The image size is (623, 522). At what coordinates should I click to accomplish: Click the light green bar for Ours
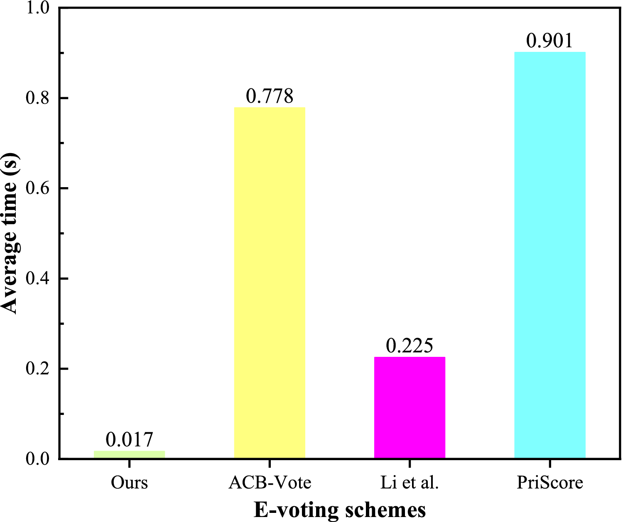point(130,454)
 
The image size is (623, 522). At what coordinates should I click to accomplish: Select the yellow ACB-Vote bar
point(270,282)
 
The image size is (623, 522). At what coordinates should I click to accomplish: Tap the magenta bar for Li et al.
point(410,407)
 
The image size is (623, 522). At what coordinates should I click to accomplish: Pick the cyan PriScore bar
point(549,255)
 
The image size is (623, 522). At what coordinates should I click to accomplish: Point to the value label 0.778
point(270,96)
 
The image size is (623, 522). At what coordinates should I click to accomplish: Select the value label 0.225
point(410,346)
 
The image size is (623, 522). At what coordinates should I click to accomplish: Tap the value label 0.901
point(549,41)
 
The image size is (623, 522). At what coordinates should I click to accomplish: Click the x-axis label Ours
point(130,483)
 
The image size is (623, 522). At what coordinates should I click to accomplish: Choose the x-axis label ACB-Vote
point(270,483)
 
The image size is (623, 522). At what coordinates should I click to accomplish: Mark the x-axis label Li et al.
point(410,483)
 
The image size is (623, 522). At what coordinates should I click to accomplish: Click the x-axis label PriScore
point(549,483)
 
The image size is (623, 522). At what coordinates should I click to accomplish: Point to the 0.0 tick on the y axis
point(37,459)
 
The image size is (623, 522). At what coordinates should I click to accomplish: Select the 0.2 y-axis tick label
point(37,369)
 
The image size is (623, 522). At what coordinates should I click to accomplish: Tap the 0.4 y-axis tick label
point(37,278)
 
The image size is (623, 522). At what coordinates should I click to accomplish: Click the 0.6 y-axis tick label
point(37,188)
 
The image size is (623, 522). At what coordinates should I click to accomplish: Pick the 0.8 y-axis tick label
point(37,98)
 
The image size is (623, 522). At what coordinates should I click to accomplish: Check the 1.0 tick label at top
point(37,8)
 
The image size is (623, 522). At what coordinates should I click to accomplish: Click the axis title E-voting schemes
point(340,510)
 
